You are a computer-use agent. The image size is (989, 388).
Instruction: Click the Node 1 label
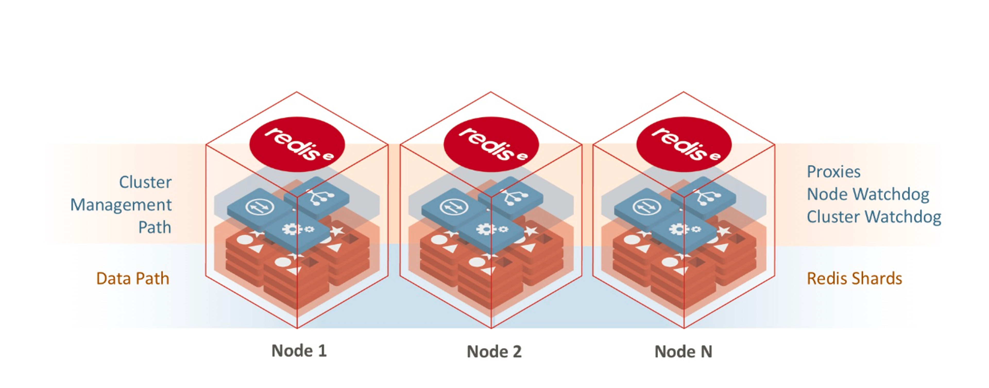point(299,351)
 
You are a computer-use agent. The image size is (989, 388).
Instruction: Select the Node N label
point(683,351)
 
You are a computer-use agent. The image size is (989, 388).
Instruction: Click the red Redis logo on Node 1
point(297,144)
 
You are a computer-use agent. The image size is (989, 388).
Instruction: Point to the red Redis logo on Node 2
point(491,144)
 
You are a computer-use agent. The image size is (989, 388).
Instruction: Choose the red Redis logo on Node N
point(684,144)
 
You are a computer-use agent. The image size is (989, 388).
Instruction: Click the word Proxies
point(833,172)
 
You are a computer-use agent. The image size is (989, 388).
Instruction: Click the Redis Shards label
point(854,278)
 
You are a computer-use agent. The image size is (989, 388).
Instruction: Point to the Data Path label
point(133,278)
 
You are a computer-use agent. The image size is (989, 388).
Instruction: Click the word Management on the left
point(121,205)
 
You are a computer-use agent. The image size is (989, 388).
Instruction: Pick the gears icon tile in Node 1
point(297,230)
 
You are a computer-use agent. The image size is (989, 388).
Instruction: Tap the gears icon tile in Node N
point(684,230)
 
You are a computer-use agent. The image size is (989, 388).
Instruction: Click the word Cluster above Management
point(145,182)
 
